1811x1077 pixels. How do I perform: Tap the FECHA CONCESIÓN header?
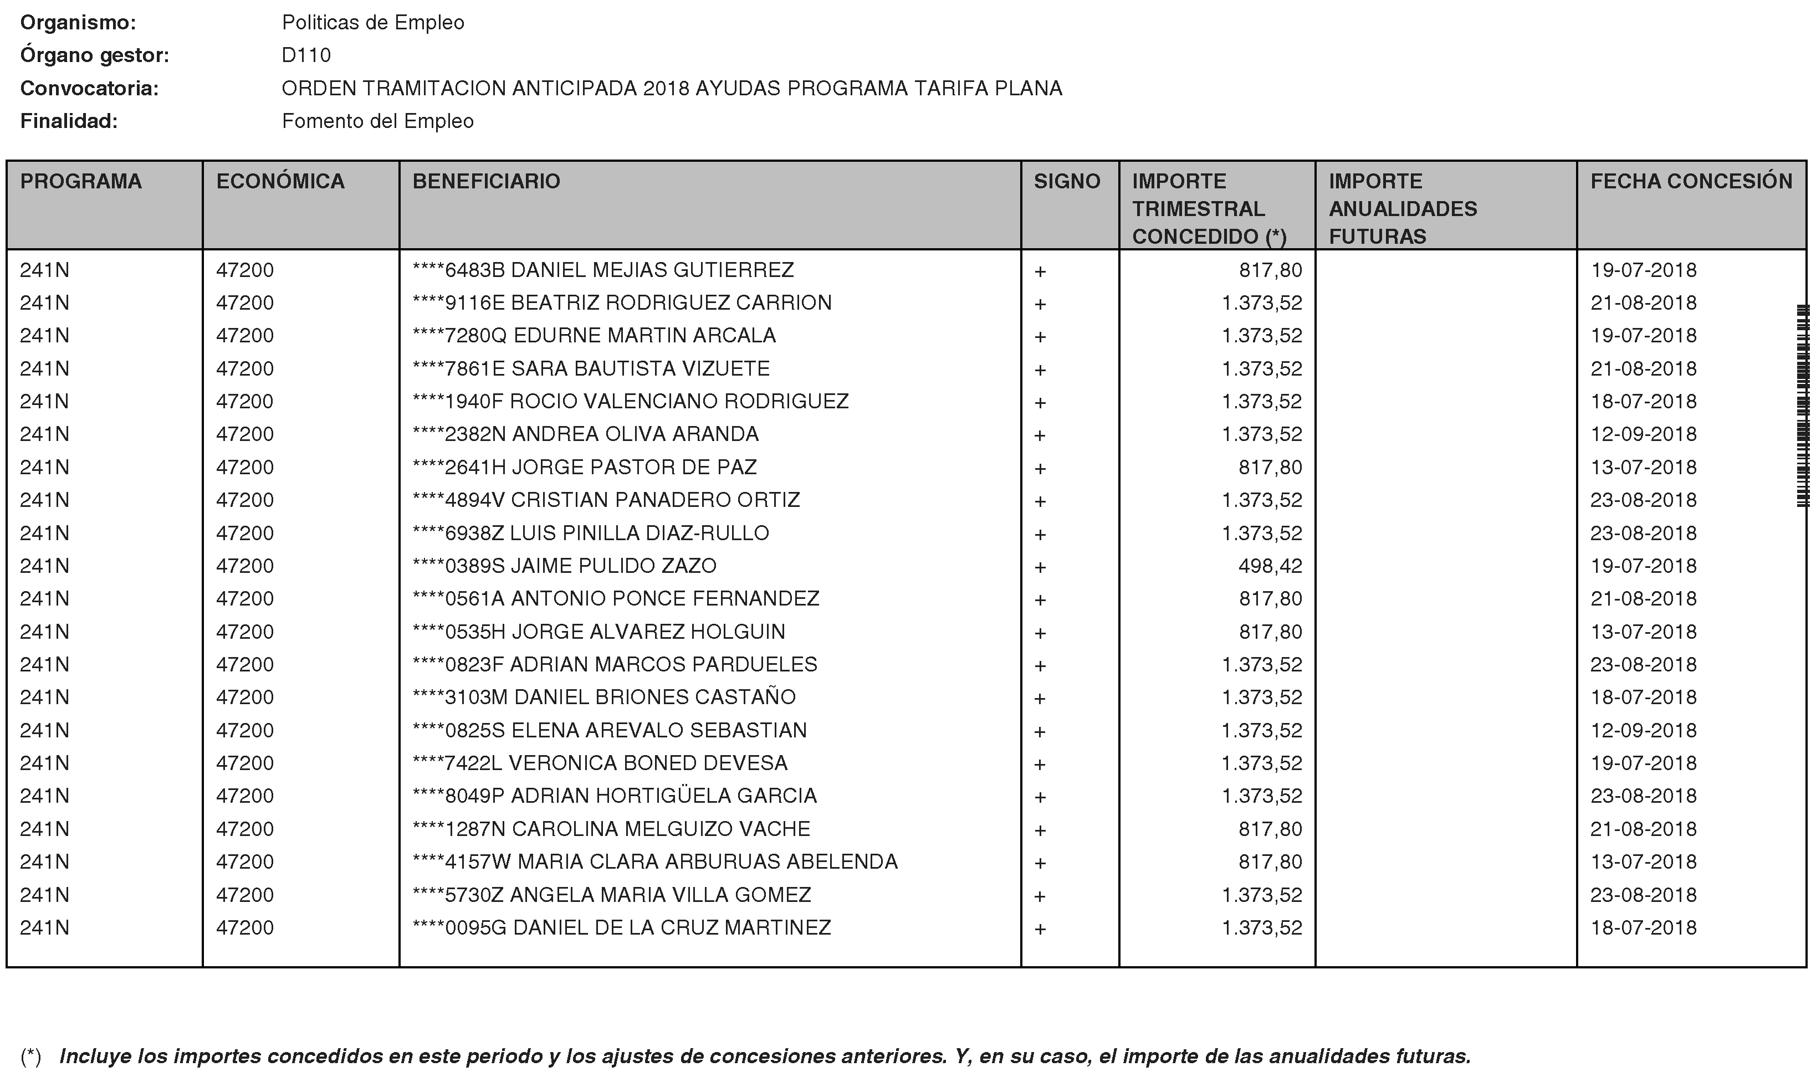(x=1691, y=181)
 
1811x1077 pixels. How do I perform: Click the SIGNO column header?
(x=1066, y=181)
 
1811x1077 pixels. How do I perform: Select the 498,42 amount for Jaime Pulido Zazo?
(x=1270, y=566)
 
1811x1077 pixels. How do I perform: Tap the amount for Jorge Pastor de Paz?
(x=1270, y=468)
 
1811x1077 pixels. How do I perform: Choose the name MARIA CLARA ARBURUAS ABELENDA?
(x=707, y=862)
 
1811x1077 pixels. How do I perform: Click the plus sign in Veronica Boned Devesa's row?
(x=1040, y=764)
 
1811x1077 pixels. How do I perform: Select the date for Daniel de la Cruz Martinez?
(x=1643, y=928)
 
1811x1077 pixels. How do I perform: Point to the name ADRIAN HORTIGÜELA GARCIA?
(x=663, y=796)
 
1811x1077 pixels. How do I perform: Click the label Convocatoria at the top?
(x=89, y=89)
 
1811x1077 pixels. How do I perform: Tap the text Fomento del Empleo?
(x=377, y=121)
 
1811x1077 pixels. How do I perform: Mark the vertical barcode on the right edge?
(x=1802, y=407)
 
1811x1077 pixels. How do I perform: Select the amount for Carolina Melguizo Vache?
(x=1270, y=829)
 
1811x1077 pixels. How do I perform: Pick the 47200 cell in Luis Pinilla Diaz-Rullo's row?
(x=244, y=534)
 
